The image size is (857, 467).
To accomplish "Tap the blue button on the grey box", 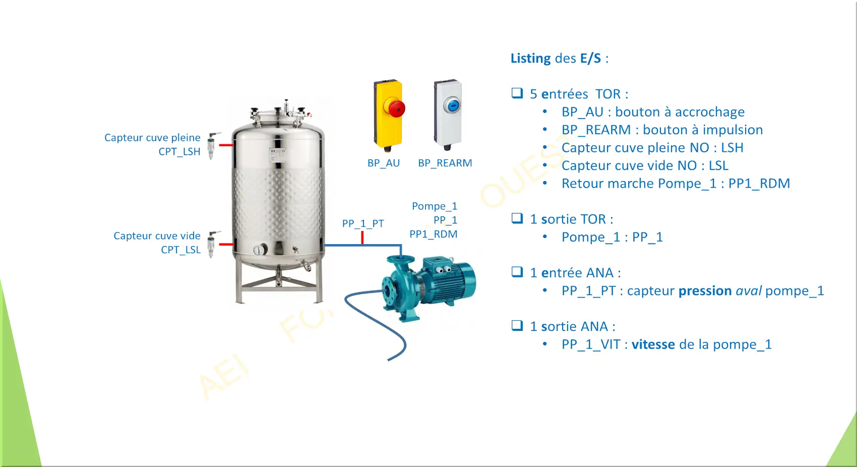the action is click(453, 105).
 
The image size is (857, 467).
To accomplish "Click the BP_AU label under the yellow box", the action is click(383, 163).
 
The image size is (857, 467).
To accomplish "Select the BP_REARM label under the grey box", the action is click(445, 163).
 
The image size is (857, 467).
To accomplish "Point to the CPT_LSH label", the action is click(179, 152).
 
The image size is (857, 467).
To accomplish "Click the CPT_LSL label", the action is click(180, 250).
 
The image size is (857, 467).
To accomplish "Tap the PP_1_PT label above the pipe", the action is click(362, 223).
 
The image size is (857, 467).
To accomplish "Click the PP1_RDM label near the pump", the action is click(434, 235).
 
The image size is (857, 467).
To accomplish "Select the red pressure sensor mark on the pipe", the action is click(362, 238).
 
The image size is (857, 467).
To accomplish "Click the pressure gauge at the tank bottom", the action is click(260, 250).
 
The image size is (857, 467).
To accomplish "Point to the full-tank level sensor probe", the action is click(212, 145).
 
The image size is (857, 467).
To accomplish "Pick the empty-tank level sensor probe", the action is click(212, 244).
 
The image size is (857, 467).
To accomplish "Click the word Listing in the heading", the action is click(531, 58).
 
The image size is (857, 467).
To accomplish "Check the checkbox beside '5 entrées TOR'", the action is click(517, 93).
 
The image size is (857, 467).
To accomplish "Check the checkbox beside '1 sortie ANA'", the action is click(517, 325).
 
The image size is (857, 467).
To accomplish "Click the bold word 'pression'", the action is click(705, 291).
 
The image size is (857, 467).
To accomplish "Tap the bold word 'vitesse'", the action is click(653, 344).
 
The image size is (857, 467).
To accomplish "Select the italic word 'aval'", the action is click(749, 291).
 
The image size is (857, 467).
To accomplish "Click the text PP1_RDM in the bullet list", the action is click(759, 184).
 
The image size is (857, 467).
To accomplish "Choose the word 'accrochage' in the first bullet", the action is click(710, 112).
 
